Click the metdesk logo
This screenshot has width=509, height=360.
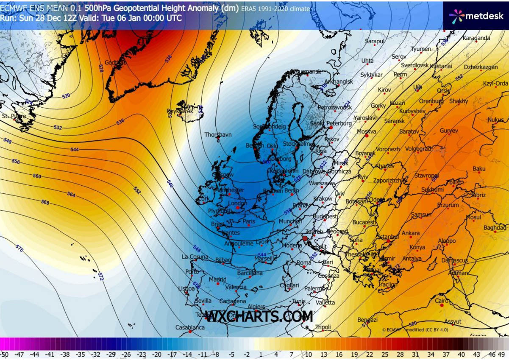pyautogui.click(x=476, y=16)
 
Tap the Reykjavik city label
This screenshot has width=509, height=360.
pyautogui.click(x=180, y=111)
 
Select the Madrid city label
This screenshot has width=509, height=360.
pyautogui.click(x=217, y=279)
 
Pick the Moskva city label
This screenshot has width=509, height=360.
pyautogui.click(x=367, y=132)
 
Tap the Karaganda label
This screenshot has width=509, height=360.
pyautogui.click(x=476, y=38)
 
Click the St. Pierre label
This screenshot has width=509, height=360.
pyautogui.click(x=14, y=116)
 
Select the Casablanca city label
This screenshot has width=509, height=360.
pyautogui.click(x=190, y=327)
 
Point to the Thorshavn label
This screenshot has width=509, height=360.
pyautogui.click(x=218, y=134)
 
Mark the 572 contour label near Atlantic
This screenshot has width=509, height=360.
pyautogui.click(x=100, y=276)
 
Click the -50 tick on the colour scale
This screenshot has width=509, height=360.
pyautogui.click(x=5, y=354)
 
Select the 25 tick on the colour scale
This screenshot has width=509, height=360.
pyautogui.click(x=385, y=354)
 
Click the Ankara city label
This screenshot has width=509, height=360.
pyautogui.click(x=410, y=233)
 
